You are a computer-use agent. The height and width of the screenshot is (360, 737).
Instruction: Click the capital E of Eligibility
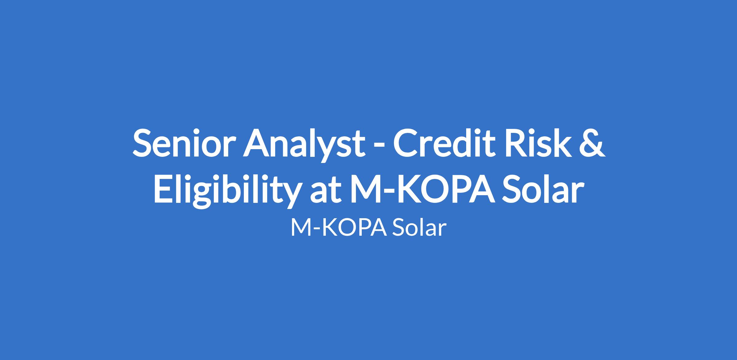click(x=163, y=188)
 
